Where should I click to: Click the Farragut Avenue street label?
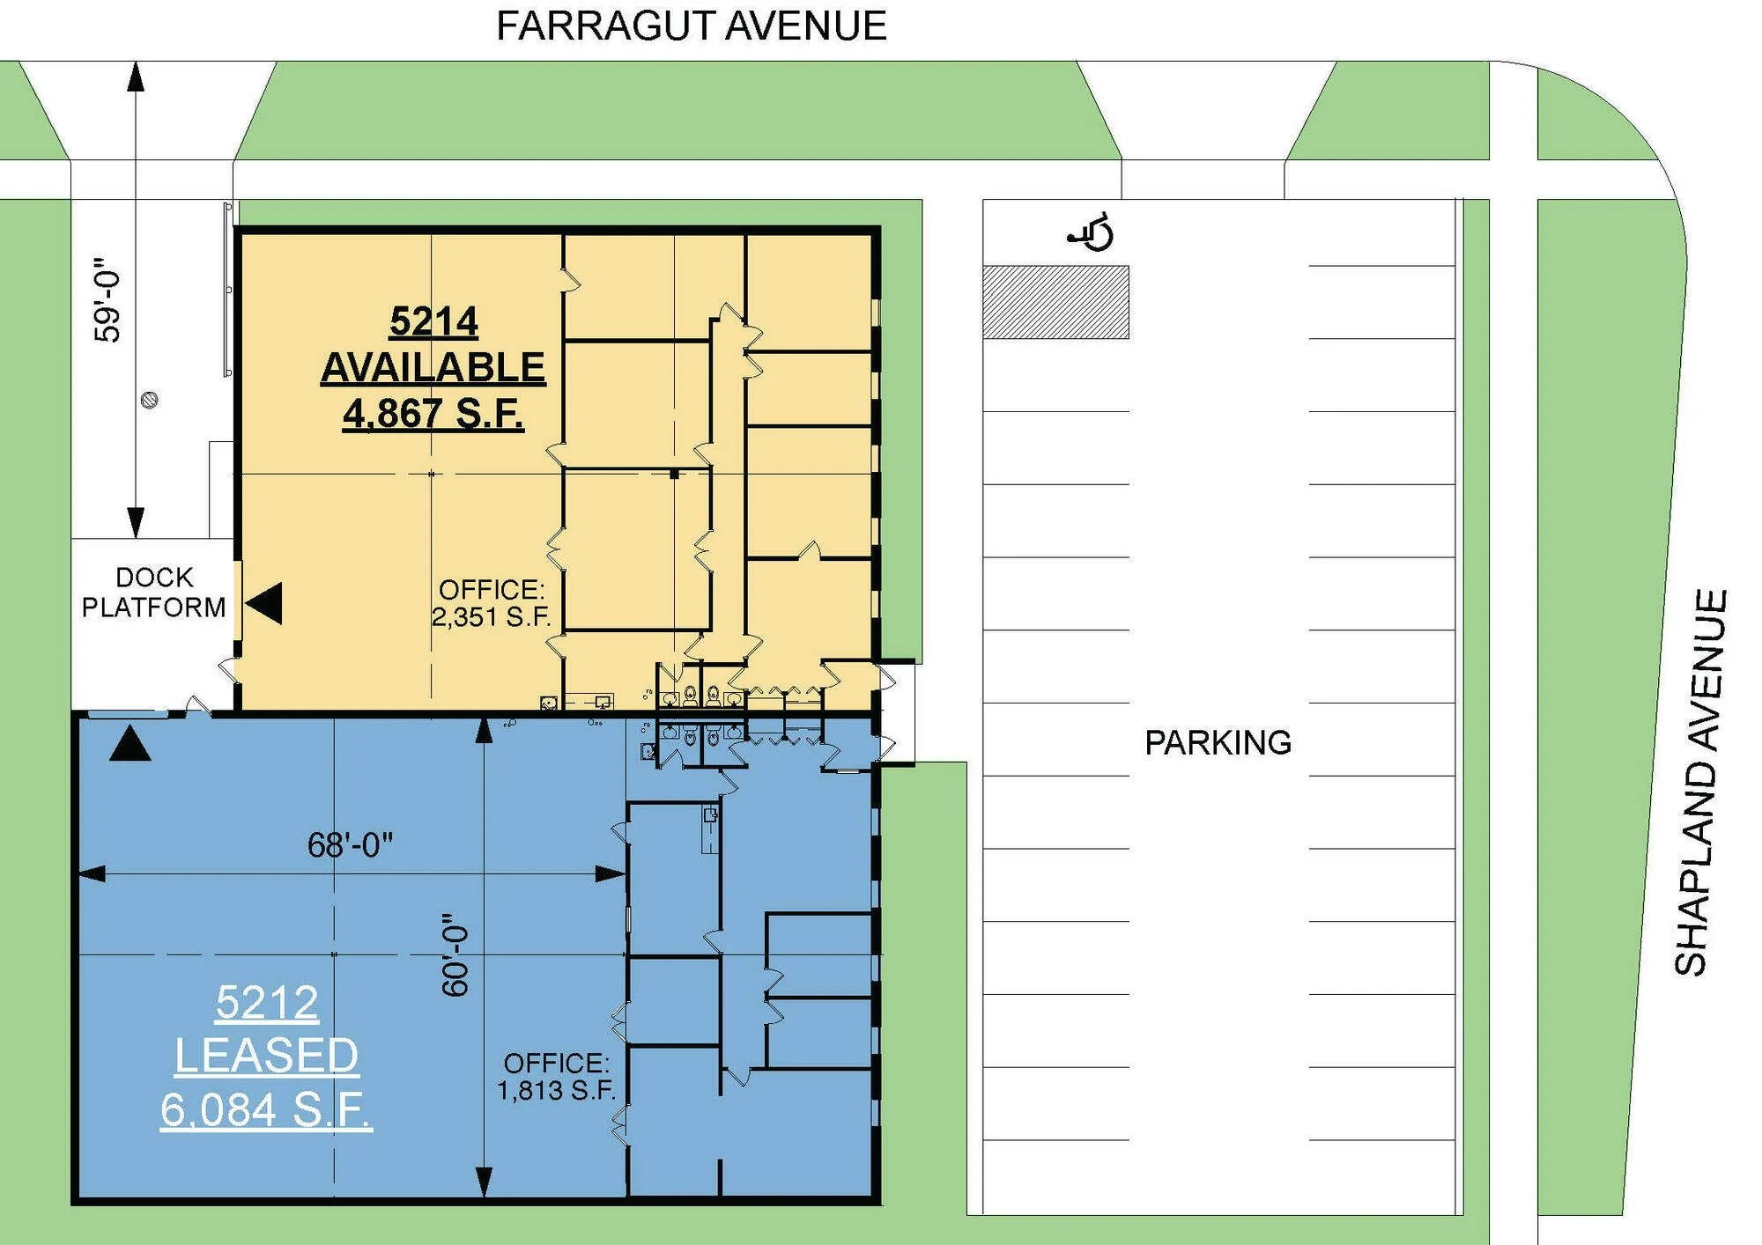[x=692, y=26]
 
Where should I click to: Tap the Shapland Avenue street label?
[x=1700, y=783]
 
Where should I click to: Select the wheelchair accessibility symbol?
[x=1092, y=232]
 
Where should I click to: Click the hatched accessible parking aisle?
[x=1055, y=302]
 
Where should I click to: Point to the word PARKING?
[x=1218, y=743]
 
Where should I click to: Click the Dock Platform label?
[x=154, y=593]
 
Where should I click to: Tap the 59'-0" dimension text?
[x=107, y=300]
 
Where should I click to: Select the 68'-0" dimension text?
[x=350, y=845]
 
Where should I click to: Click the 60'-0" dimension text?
[x=455, y=954]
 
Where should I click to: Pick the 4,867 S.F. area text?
[x=433, y=413]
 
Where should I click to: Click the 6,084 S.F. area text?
[x=266, y=1109]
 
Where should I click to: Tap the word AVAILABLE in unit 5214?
[x=433, y=367]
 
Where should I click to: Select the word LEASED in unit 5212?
[x=266, y=1056]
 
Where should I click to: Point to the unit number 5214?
[x=433, y=321]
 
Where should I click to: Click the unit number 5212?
[x=266, y=1003]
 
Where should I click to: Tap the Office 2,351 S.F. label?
[x=491, y=603]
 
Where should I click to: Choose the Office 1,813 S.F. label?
[x=556, y=1077]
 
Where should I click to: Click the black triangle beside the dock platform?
[x=264, y=604]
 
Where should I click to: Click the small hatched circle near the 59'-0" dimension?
[x=150, y=401]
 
